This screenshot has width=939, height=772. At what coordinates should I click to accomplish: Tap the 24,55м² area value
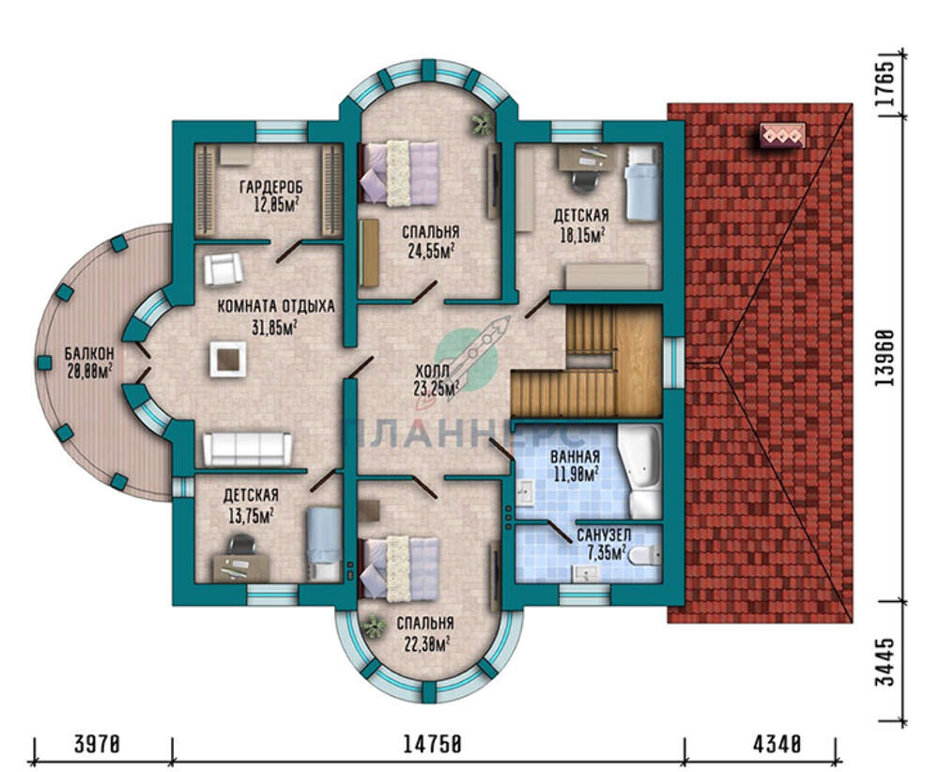pos(430,251)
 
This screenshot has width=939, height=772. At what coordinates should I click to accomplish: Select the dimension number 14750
pos(432,745)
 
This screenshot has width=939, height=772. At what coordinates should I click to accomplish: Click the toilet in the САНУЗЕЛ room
pos(644,555)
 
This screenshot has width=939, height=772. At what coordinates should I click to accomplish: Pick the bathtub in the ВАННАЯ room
pos(639,472)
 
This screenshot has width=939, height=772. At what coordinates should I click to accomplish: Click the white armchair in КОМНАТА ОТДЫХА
pos(223,269)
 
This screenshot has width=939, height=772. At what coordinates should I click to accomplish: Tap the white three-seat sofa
pos(247,449)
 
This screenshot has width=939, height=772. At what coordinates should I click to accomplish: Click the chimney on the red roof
pos(782,135)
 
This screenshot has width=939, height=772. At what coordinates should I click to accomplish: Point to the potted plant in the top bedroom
pos(481,125)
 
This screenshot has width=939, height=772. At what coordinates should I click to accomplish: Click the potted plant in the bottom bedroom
pos(374,626)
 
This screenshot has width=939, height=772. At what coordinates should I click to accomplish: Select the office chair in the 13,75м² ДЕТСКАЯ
pos(241,544)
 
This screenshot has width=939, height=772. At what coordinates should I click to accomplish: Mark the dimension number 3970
pos(98,745)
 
